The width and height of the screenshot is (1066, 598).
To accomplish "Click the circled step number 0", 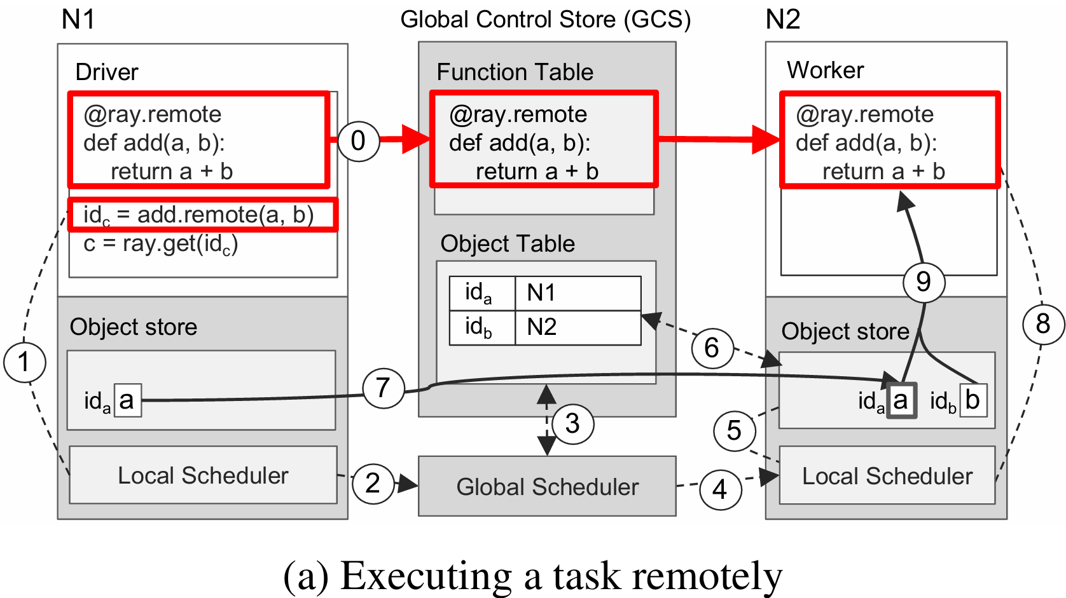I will point(358,140).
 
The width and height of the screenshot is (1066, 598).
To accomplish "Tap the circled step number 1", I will point(24,362).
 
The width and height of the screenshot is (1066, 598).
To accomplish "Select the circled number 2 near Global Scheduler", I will point(373,484).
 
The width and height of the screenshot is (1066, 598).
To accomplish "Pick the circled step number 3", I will point(572,423).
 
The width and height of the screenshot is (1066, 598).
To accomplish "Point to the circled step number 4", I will point(720,489).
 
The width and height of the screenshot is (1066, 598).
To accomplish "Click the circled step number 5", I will point(734,430).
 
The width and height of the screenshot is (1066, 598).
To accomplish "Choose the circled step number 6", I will point(711,348).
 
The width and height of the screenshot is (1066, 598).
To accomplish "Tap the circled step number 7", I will point(383,388).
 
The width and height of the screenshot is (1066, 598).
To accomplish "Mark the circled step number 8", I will point(1043,324).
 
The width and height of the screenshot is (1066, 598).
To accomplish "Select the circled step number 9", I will point(924,282).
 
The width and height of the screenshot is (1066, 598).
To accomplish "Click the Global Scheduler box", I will point(547,486).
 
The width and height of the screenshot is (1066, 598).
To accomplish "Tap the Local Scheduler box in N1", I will point(203,475).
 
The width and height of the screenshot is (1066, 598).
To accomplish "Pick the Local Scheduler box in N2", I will point(887,476).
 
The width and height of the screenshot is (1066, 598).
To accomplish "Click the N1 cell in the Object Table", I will point(577,293).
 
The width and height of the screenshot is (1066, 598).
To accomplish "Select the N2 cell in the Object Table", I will point(577,327).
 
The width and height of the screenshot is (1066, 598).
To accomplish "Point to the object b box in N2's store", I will point(973,400).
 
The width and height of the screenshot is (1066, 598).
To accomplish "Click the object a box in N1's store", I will point(127,400).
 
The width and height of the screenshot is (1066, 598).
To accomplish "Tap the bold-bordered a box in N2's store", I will point(901,400).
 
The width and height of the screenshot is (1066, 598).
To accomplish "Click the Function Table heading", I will point(515,72).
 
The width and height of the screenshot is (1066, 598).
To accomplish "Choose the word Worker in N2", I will point(825,70).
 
